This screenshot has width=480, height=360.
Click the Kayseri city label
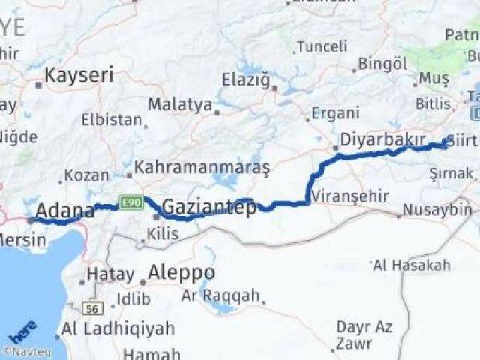(79, 75)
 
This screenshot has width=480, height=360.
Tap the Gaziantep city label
(209, 207)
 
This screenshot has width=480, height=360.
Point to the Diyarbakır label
(382, 140)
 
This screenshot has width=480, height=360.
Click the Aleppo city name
(181, 271)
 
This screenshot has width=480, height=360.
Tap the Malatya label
(180, 104)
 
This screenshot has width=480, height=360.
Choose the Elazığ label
(245, 79)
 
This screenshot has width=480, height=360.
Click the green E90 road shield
(130, 203)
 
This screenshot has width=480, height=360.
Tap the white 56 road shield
(92, 307)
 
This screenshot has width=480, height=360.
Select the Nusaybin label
(437, 210)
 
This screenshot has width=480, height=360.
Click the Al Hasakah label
(412, 265)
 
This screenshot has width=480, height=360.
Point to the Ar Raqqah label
(220, 295)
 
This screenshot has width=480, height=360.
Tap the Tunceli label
(322, 46)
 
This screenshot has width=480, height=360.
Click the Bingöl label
(382, 64)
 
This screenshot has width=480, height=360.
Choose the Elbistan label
(112, 120)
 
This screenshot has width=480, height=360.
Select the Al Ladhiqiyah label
(118, 328)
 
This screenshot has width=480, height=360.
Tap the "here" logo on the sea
(22, 331)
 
